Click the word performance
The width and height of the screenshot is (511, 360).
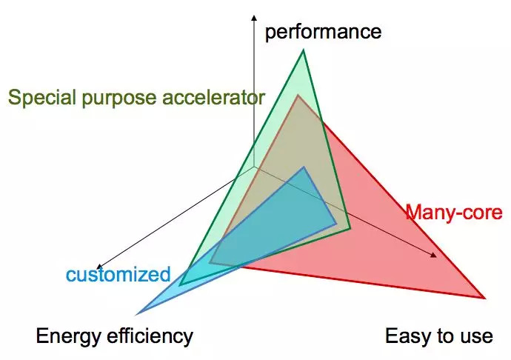323,32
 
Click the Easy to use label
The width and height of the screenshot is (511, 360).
438,336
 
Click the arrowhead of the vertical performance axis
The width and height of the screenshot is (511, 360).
254,16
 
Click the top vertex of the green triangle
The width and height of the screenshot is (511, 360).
304,50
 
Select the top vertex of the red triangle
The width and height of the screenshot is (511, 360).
298,95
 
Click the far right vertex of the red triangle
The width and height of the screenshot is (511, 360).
484,298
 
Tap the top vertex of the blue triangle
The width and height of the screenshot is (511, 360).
304,167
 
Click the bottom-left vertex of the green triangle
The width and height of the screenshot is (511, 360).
180,284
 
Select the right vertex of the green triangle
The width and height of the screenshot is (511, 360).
350,230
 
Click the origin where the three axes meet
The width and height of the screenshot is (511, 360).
254,167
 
